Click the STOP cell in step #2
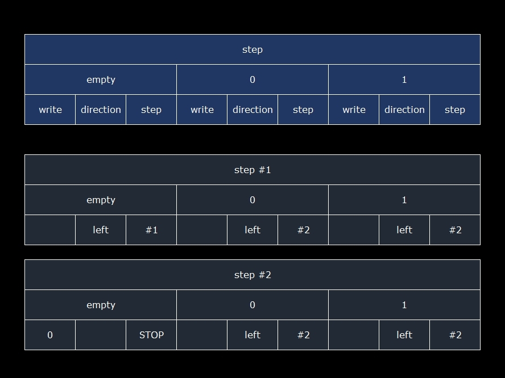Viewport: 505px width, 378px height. tap(151, 335)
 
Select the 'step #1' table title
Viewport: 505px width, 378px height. tap(252, 170)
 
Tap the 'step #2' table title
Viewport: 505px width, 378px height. tap(252, 275)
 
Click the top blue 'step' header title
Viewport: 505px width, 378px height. tap(252, 49)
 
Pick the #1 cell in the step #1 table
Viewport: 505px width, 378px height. tap(151, 230)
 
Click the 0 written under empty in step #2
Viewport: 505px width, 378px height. tap(50, 335)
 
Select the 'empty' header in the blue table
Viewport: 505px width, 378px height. tap(101, 79)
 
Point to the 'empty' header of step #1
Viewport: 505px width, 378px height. tap(101, 200)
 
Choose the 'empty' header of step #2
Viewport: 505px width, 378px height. tap(101, 305)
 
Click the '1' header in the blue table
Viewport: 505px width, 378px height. tap(404, 79)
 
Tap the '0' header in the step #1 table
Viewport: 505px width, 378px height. tap(252, 200)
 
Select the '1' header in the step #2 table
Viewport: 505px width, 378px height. tap(404, 305)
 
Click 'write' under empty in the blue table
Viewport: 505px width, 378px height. tap(50, 110)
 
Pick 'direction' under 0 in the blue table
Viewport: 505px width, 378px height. tap(252, 110)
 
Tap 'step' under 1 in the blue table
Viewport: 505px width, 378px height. tap(455, 110)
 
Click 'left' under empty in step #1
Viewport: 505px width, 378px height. tap(101, 230)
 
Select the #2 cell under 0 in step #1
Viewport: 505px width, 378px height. tap(303, 230)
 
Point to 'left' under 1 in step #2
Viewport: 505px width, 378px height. tap(404, 335)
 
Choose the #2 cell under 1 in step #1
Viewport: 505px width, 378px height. tap(455, 230)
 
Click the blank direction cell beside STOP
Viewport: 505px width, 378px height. tap(101, 335)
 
